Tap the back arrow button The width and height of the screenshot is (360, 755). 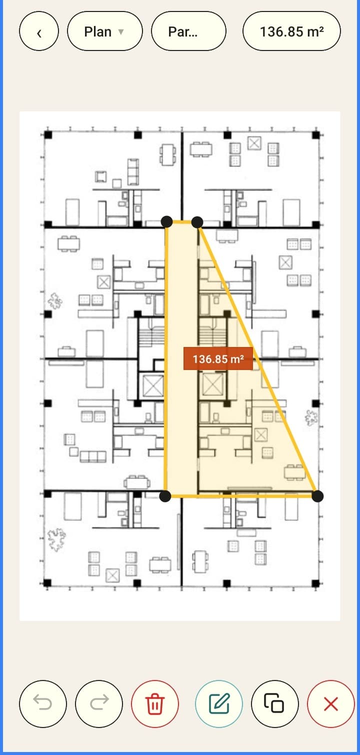pos(39,31)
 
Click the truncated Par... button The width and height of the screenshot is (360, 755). pos(189,31)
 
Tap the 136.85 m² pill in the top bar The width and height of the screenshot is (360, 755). pos(291,31)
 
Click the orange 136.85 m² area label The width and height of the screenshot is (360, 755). pos(218,358)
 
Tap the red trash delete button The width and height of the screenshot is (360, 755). pos(154,704)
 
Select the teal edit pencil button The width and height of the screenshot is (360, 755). pos(219,704)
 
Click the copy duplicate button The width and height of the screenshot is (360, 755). pos(274,704)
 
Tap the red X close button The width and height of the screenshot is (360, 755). pos(330,704)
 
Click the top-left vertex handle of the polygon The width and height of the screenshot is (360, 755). pos(167,222)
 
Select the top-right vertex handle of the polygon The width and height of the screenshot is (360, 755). pos(197,222)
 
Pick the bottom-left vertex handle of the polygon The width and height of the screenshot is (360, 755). pos(165,496)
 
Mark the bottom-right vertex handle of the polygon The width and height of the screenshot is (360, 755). pos(317,496)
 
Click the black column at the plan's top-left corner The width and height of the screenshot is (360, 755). pos(48,135)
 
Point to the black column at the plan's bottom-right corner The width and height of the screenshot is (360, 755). pos(315,583)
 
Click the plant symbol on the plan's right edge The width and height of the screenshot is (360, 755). pos(311,417)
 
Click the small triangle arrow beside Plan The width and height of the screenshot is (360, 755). pos(121,31)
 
